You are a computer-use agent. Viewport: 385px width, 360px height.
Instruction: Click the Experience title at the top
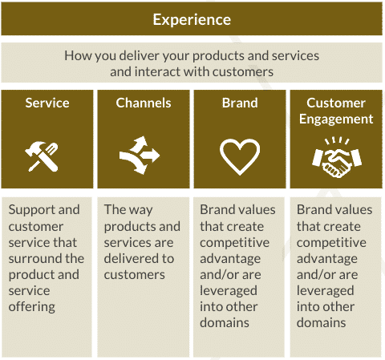(x=192, y=19)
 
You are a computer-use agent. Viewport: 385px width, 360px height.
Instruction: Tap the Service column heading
(x=47, y=103)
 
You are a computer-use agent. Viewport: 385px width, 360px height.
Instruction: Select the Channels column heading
(x=144, y=103)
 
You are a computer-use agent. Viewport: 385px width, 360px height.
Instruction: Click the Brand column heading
(x=240, y=103)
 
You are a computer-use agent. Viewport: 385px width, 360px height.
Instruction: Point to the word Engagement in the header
(x=336, y=119)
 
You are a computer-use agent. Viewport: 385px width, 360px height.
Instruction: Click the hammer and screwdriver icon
(x=42, y=156)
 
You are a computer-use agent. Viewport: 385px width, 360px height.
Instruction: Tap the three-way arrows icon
(x=140, y=156)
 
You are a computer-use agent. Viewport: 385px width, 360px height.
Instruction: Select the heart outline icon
(x=240, y=157)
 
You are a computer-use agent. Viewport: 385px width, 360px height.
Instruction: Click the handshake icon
(x=337, y=158)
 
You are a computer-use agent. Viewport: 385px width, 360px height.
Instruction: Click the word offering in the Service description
(x=32, y=307)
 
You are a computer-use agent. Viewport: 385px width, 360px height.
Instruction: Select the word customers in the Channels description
(x=135, y=275)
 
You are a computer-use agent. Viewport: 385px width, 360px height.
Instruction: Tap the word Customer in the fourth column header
(x=336, y=103)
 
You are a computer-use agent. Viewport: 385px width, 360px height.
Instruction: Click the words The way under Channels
(x=128, y=210)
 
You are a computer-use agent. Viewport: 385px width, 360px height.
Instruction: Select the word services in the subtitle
(x=295, y=56)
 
